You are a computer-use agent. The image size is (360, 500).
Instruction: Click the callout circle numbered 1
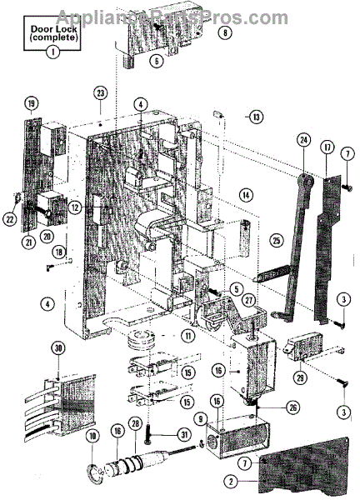pos(53,51)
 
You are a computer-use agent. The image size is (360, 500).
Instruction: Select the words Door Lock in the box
pos(53,29)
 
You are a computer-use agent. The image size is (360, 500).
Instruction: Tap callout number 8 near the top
pos(225,32)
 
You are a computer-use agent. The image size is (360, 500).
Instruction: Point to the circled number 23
pos(101,93)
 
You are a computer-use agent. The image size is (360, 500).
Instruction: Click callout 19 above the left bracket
pos(31,103)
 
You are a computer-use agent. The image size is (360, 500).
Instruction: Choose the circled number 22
pos(11,218)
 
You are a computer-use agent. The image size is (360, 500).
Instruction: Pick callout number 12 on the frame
pos(75,207)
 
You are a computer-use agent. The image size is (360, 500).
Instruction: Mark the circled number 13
pos(257,117)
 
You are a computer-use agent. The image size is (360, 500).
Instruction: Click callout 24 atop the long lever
pos(304,140)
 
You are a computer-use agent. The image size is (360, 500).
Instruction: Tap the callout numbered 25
pos(276,240)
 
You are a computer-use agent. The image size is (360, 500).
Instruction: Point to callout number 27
pos(248,300)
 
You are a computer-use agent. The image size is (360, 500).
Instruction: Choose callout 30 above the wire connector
pos(58,348)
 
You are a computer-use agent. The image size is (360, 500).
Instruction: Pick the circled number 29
pos(300,377)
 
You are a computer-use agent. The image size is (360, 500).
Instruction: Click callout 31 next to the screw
pos(184,435)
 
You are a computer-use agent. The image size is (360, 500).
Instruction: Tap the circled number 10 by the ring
pos(92,436)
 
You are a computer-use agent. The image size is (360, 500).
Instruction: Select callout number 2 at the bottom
pos(231,490)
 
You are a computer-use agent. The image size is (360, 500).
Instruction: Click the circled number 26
pos(292,407)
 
